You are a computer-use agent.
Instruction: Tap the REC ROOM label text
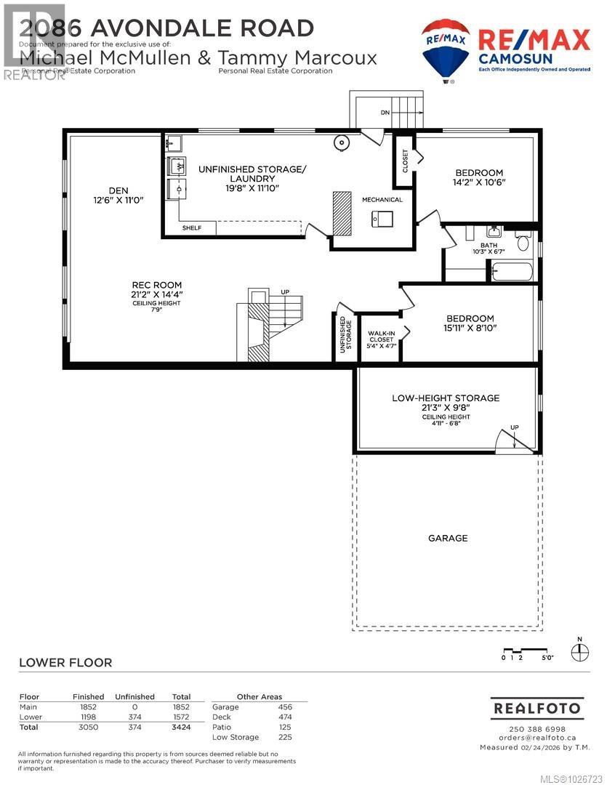(156, 285)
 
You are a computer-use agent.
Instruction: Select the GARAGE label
(448, 538)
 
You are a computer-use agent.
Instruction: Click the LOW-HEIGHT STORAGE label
(446, 398)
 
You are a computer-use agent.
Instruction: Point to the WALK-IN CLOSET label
(381, 337)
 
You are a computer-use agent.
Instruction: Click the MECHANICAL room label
(382, 200)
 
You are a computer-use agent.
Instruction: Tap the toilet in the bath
(523, 243)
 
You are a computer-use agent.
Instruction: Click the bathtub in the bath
(512, 273)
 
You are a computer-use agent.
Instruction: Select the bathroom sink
(494, 232)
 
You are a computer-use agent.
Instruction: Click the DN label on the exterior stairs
(385, 113)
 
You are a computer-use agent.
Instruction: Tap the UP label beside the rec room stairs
(284, 292)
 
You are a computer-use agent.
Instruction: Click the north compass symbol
(579, 651)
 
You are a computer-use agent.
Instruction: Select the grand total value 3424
(180, 726)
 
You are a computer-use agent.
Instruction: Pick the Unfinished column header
(135, 696)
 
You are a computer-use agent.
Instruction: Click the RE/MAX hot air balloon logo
(445, 49)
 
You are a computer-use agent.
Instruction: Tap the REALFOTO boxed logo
(537, 707)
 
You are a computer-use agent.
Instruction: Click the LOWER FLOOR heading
(65, 662)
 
